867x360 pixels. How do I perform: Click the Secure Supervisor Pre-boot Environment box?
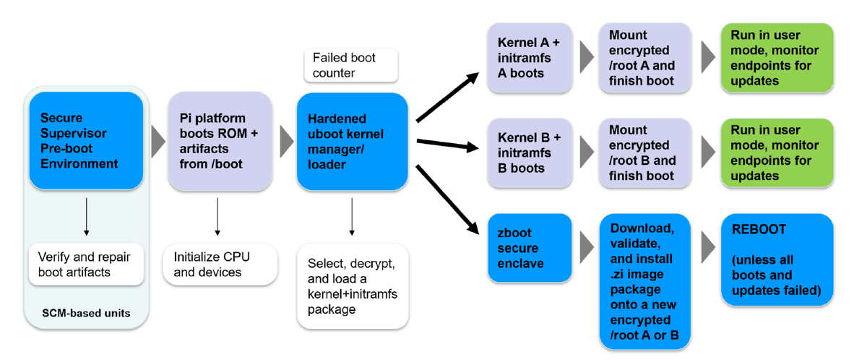pyautogui.click(x=86, y=140)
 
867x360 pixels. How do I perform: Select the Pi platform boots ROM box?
pyautogui.click(x=217, y=140)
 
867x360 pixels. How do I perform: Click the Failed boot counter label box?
pyautogui.click(x=350, y=65)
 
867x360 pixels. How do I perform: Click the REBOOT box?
pyautogui.click(x=777, y=260)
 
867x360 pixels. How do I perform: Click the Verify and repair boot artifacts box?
pyautogui.click(x=86, y=264)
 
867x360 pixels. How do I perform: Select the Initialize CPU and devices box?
pyautogui.click(x=217, y=264)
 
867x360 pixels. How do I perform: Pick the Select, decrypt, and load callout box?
pyautogui.click(x=353, y=286)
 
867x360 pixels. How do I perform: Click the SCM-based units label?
pyautogui.click(x=86, y=313)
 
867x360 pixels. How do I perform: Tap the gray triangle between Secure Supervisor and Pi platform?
pyautogui.click(x=158, y=140)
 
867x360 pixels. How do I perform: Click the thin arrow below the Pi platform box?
pyautogui.click(x=217, y=216)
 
